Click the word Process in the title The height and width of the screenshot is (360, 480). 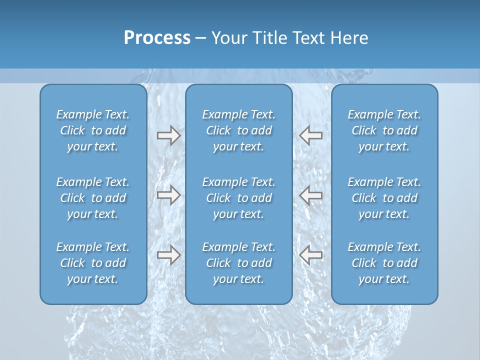coord(157,38)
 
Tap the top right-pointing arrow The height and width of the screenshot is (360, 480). coord(168,135)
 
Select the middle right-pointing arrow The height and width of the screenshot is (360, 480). coord(168,195)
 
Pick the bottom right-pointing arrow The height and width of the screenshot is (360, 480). coord(168,255)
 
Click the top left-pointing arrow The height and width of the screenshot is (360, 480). coord(310,135)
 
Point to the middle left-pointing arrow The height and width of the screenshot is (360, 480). coord(310,195)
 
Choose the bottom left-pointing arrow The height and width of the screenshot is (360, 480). coord(310,255)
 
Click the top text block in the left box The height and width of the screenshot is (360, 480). coord(93,130)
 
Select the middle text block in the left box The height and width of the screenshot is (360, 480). coord(93,198)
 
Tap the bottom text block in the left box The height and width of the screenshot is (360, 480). coord(93,263)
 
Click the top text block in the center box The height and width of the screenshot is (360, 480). coord(238,130)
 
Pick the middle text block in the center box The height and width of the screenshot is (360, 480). coord(238,198)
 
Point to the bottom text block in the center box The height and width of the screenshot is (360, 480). coord(238,263)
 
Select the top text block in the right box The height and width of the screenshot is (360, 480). coord(384,130)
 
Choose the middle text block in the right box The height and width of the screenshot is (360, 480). coord(384,198)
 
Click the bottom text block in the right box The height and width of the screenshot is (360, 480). coord(384,263)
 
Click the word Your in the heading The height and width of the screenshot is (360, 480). coord(228,38)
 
